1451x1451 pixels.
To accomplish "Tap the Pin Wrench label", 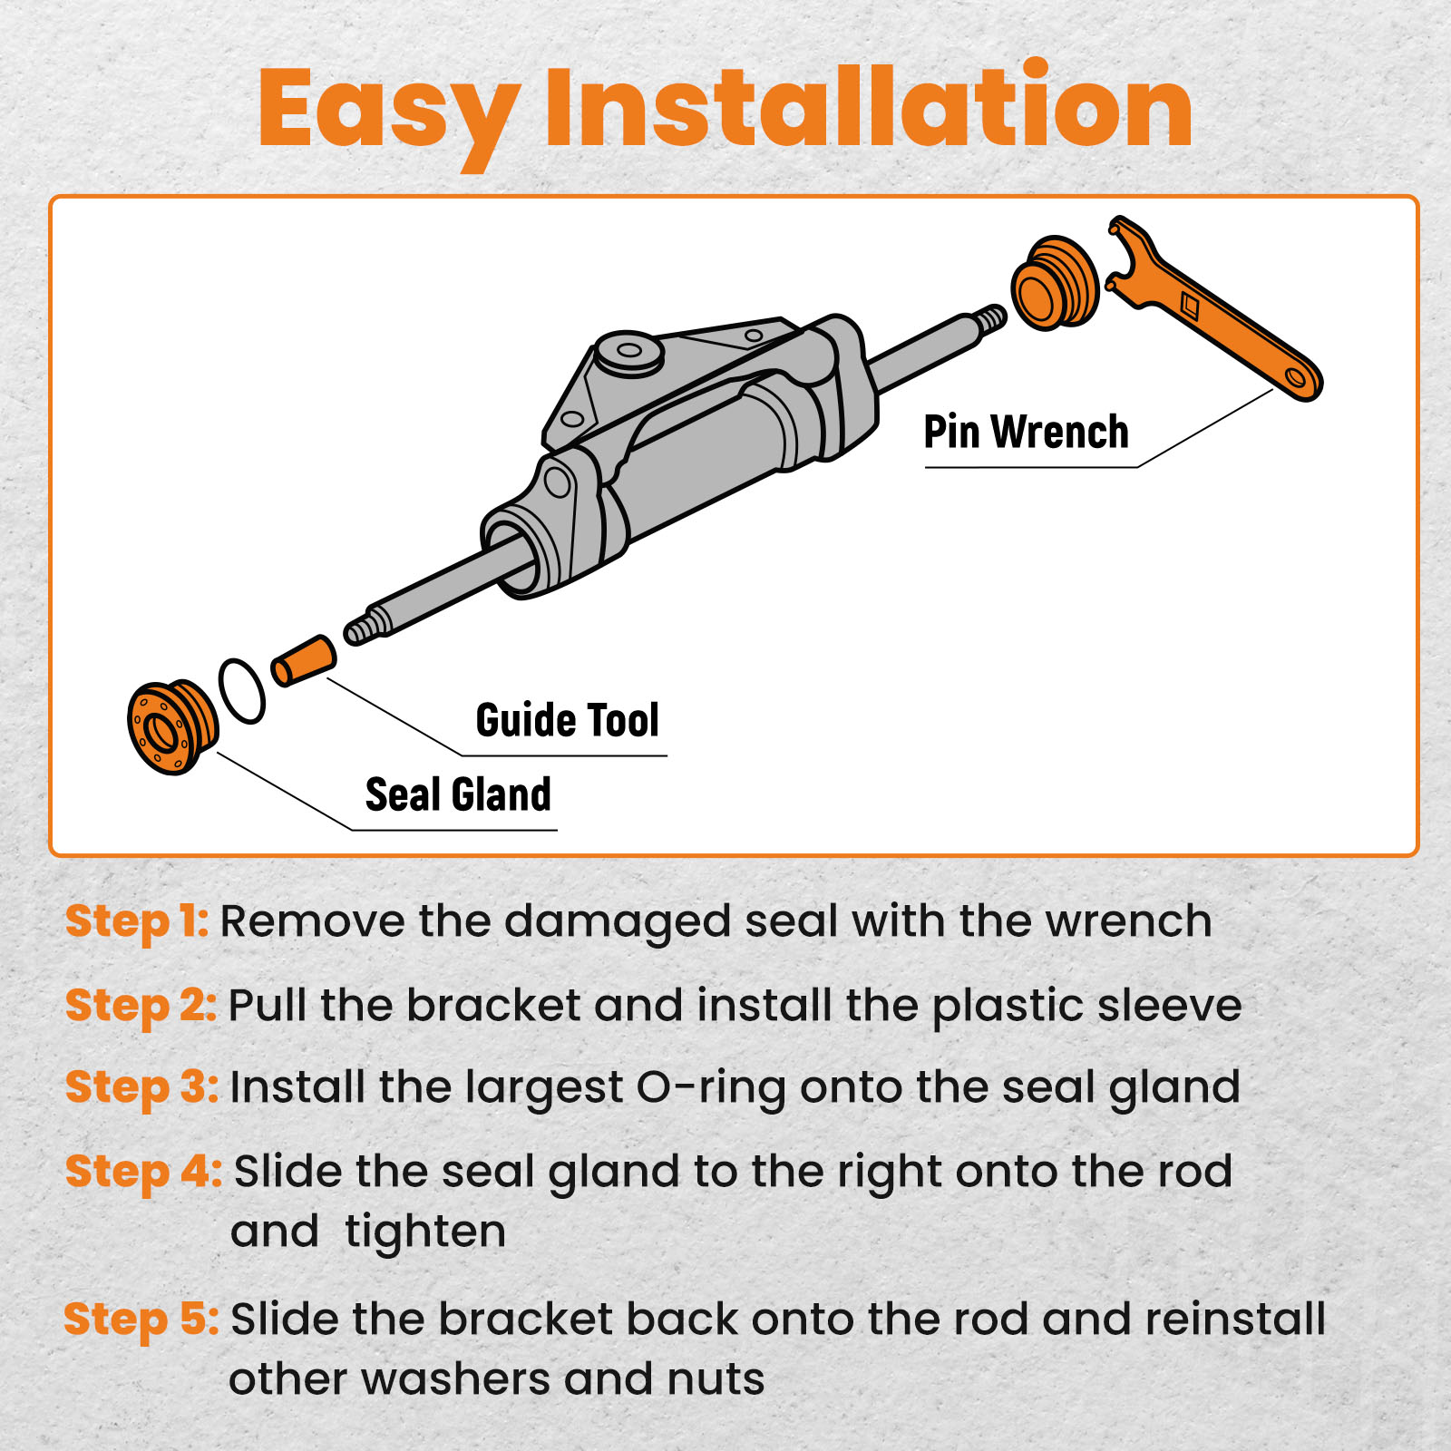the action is (x=1026, y=432).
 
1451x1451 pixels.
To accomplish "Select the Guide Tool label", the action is (x=567, y=720).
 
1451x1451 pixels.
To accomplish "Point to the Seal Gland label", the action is (x=458, y=794).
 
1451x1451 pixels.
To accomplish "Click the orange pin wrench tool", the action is (x=1215, y=307).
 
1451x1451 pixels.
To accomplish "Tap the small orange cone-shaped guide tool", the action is (x=304, y=660).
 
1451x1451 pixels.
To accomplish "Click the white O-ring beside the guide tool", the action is (x=242, y=691).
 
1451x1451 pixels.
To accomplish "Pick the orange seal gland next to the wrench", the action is (x=1056, y=283).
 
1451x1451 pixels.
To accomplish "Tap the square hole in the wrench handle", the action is (x=1191, y=306).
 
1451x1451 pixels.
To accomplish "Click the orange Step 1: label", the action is (x=137, y=921).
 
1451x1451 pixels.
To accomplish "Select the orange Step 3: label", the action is (x=141, y=1087).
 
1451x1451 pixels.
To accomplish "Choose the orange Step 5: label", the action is (x=141, y=1320).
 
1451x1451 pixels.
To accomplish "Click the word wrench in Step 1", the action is (x=1128, y=922).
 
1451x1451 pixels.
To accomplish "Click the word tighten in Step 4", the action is (x=425, y=1232).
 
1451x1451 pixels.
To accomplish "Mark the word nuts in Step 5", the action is (x=716, y=1380).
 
